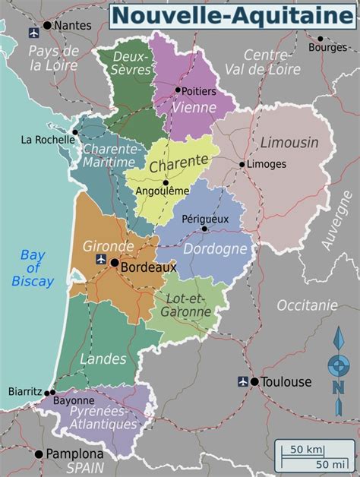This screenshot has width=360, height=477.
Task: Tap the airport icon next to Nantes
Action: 33,32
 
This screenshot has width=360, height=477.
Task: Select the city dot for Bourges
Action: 320,38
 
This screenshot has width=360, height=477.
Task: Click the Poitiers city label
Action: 199,91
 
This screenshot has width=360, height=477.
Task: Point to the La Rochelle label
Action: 47,140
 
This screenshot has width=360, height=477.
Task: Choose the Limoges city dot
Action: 242,164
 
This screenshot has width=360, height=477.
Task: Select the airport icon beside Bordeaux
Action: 100,260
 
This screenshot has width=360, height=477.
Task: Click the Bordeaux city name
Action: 149,267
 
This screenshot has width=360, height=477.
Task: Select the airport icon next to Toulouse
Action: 243,381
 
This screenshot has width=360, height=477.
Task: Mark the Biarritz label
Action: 25,391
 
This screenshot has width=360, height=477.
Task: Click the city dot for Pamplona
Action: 39,454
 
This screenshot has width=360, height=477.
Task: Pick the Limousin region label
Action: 289,143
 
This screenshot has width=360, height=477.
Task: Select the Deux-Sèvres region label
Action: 128,63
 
